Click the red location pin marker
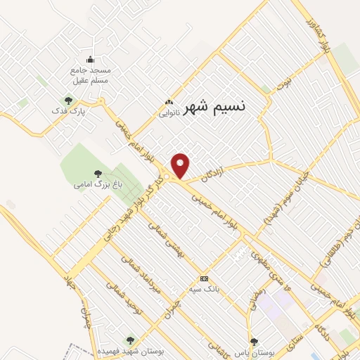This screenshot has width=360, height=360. (x=181, y=166)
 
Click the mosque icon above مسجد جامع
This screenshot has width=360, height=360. (x=90, y=59)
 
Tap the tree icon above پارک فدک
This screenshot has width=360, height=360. (x=68, y=100)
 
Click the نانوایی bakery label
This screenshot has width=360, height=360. (x=169, y=112)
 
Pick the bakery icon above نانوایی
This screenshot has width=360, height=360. (x=169, y=102)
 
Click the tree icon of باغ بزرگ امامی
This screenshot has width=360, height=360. (x=98, y=173)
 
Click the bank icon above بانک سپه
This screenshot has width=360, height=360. (x=204, y=278)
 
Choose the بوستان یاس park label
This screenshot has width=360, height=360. (x=254, y=350)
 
